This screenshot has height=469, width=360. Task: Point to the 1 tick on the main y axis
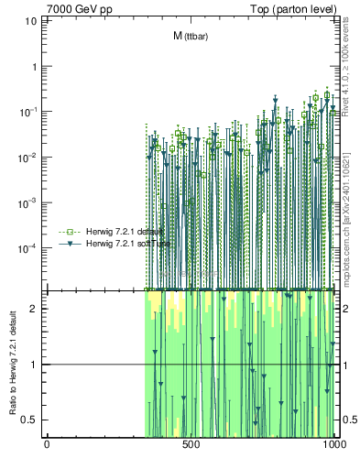tap(36, 67)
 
